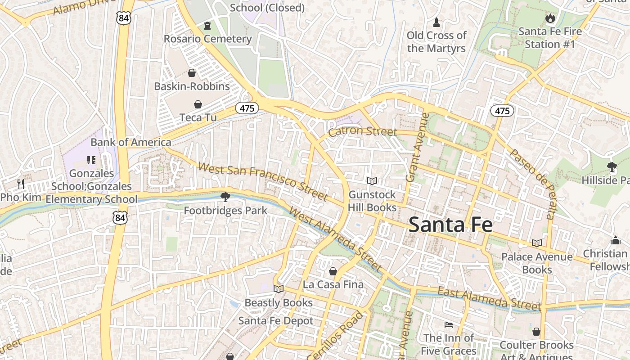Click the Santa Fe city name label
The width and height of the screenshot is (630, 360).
coord(450,225)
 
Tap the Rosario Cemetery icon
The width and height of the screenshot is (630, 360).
coord(207,26)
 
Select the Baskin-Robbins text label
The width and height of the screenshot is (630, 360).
coord(192,86)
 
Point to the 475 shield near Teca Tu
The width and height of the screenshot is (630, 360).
coord(247,108)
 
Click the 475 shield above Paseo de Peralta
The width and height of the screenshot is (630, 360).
coord(502,111)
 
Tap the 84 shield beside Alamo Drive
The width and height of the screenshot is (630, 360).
coord(123,18)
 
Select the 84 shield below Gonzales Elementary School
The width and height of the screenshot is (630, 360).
coord(120,218)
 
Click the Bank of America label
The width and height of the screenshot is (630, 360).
coord(130,142)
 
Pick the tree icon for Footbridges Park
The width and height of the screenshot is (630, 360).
coord(225,197)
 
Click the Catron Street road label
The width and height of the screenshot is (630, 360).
coord(362,131)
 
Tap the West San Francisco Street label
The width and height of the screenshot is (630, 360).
coord(263,181)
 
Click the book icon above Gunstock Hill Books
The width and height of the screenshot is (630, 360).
coord(372,181)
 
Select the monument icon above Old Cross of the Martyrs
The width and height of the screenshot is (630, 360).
coord(436,22)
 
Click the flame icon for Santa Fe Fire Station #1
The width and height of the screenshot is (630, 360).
coord(550,18)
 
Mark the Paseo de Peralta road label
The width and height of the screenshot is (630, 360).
coord(534,184)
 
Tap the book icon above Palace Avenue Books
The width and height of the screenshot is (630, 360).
coord(536,243)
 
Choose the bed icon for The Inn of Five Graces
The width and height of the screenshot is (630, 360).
coord(448,324)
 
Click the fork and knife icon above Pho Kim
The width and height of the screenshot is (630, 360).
coord(20,184)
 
